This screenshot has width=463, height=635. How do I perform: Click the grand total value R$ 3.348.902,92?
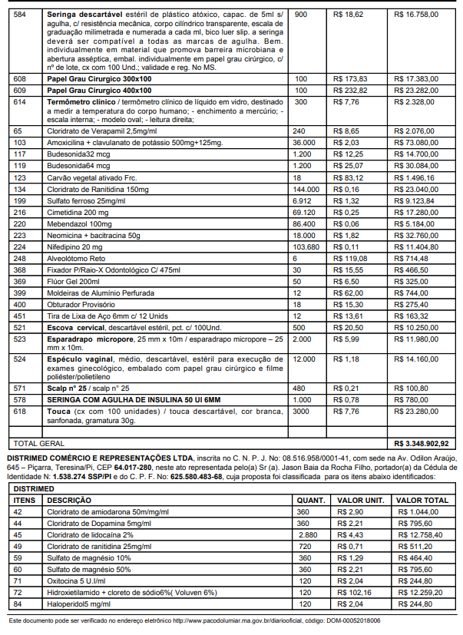click(421, 443)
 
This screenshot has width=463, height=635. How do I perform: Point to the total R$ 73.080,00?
click(418, 142)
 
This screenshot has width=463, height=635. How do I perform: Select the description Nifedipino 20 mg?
click(74, 246)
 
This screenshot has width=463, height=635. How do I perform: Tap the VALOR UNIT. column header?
click(359, 500)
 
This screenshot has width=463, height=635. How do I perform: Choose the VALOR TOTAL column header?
click(421, 500)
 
